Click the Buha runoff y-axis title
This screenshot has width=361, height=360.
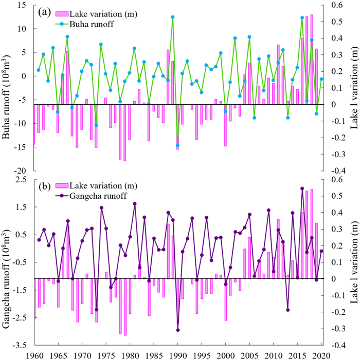click(9, 87)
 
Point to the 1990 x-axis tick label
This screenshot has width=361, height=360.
click(178, 354)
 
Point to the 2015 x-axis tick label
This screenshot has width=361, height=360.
click(297, 354)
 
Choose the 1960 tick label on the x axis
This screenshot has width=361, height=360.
click(34, 354)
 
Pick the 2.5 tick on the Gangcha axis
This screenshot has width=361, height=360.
click(23, 179)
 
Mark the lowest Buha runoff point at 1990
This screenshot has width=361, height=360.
click(177, 145)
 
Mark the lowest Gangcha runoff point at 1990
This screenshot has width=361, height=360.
click(178, 330)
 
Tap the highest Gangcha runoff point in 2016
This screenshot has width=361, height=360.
click(302, 188)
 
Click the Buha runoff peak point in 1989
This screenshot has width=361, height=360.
click(173, 17)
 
